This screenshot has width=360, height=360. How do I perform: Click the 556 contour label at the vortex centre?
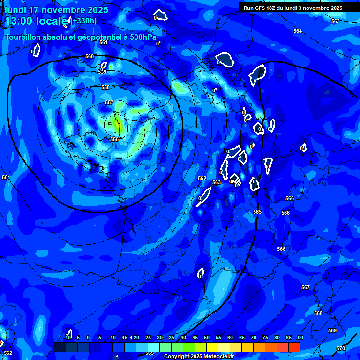114,139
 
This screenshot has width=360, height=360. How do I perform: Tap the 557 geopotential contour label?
109,102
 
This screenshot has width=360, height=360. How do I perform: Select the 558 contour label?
105,87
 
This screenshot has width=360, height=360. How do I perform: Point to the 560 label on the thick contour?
90,56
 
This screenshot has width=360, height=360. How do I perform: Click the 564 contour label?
298,31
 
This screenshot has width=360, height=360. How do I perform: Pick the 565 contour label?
257,212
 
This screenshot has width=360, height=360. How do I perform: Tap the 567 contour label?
306,287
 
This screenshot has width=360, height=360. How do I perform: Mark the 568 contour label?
318,313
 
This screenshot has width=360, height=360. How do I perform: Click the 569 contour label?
332,330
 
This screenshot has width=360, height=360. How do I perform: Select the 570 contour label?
341,348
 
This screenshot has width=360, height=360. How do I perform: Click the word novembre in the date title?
68,10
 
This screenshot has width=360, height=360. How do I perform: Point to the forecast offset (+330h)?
84,21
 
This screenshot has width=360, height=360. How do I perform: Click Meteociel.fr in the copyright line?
218,357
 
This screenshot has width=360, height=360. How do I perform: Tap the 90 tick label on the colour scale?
300,337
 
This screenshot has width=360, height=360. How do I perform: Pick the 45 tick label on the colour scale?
195,337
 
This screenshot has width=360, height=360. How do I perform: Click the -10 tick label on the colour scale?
68,337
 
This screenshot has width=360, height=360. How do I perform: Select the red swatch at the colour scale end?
294,347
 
